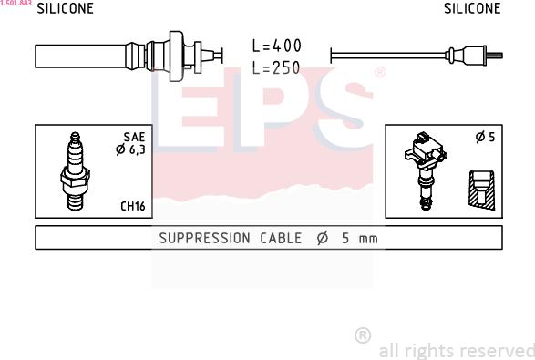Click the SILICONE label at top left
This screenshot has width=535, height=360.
[x=66, y=8]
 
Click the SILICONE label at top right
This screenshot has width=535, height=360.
[x=472, y=8]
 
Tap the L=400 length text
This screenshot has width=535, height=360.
[x=277, y=46]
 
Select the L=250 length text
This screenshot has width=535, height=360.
[x=276, y=67]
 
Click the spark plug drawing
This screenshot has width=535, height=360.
[x=75, y=170]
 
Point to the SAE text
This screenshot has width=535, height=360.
[x=134, y=137]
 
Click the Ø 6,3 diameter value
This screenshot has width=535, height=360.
[x=130, y=149]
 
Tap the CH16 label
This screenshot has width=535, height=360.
[x=133, y=206]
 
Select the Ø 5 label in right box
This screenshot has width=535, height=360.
[x=485, y=137]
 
